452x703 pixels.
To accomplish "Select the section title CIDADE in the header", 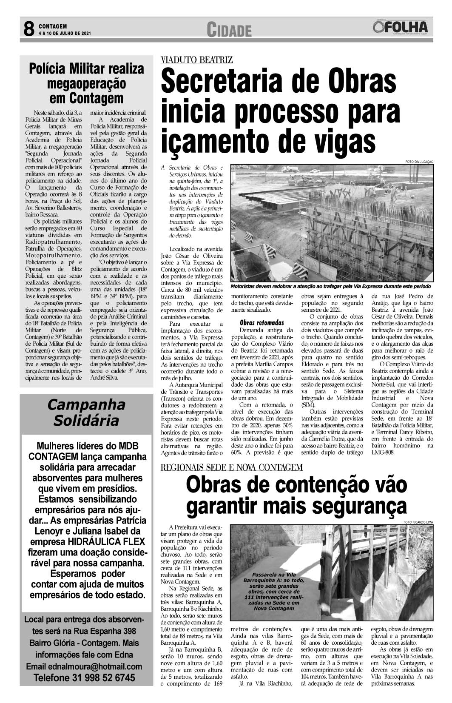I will point(229,30).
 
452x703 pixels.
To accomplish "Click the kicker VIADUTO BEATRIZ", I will point(196,60).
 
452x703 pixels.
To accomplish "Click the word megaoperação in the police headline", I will point(86,83).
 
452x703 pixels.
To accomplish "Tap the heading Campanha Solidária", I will point(86,412).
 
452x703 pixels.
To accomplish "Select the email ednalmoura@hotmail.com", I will point(84,666).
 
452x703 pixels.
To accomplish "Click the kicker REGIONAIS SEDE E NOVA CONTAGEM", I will point(231,468).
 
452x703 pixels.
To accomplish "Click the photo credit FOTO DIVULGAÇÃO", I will point(419,162).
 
